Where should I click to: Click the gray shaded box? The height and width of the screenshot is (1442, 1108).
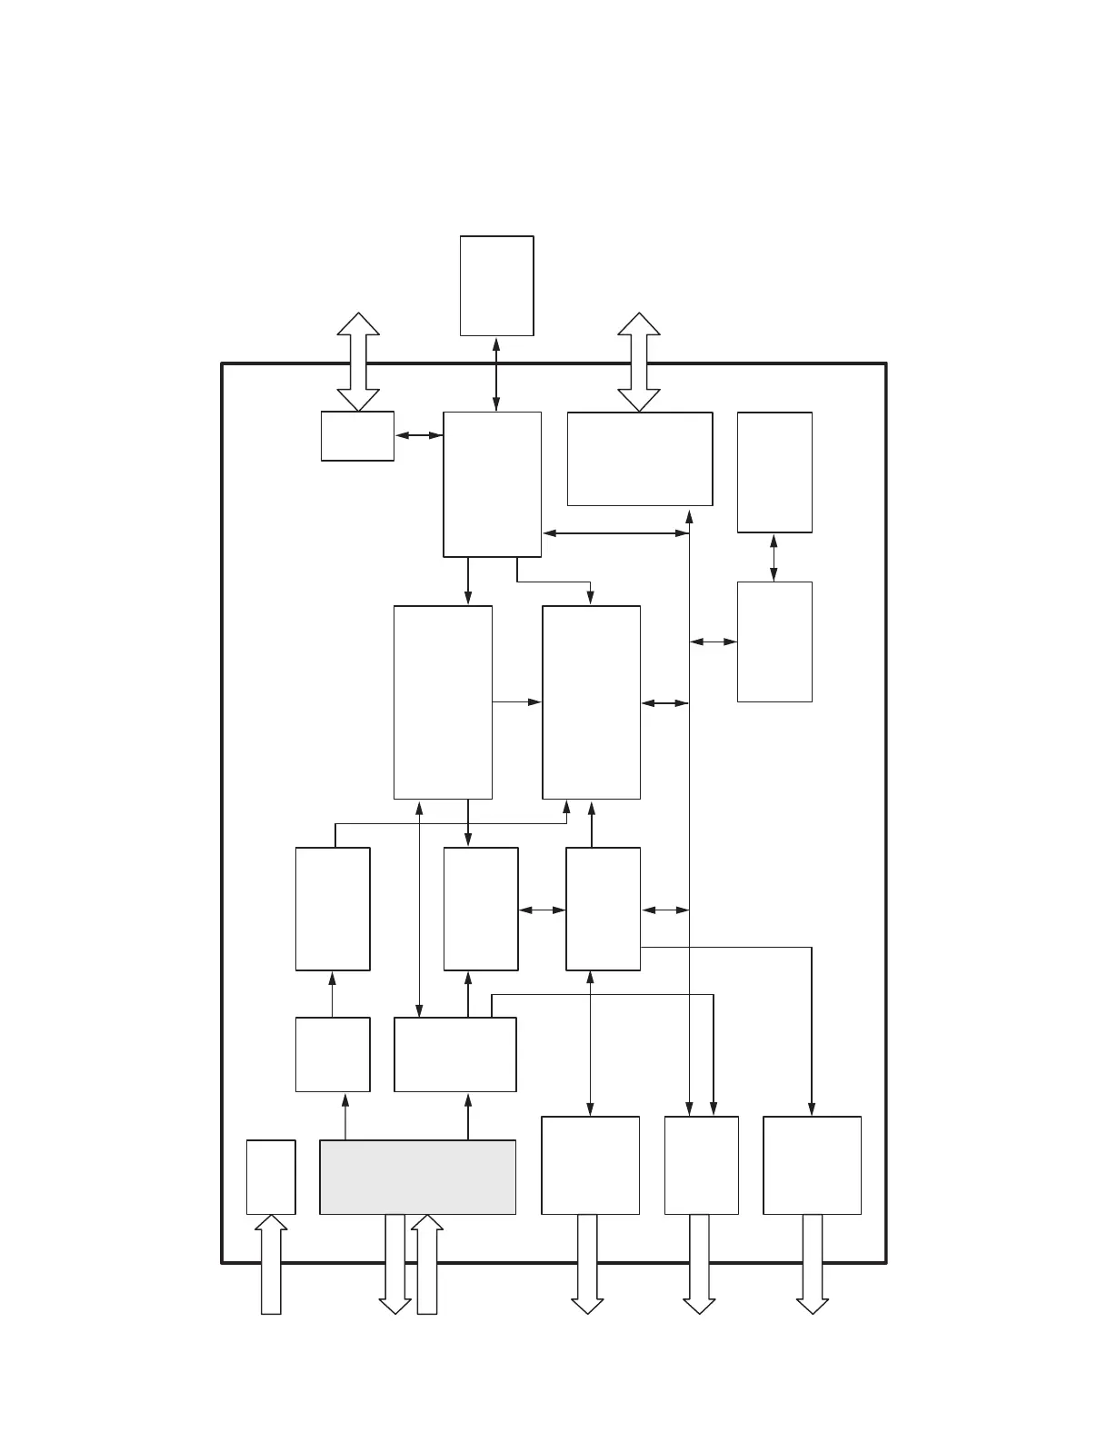pos(417,1177)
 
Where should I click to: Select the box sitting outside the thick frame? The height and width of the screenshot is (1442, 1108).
pos(496,285)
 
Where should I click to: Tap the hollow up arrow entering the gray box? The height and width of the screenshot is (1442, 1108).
pos(426,1265)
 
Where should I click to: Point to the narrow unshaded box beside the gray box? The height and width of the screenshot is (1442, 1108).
pos(271,1177)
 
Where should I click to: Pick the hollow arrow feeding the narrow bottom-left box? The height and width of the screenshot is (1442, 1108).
pos(271,1265)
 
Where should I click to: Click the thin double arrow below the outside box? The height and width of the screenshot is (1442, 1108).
pos(496,373)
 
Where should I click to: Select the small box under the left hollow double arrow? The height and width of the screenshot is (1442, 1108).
pos(357,436)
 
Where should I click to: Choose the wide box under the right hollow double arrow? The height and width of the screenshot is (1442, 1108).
pos(639,459)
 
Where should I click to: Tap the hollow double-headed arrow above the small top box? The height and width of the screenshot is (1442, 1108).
pos(358,362)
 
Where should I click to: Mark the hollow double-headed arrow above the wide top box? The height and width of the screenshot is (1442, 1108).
pos(639,362)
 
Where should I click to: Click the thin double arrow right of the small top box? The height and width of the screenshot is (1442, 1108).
pos(418,436)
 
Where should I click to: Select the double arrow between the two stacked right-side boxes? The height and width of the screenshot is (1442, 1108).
pos(774,557)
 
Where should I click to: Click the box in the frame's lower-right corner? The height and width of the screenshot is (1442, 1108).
pos(812,1165)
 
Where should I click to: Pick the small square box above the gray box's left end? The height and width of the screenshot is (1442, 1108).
pos(333,1054)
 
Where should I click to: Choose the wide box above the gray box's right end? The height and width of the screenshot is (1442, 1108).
pos(454,1054)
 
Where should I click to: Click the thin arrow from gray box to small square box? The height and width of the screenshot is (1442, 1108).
pos(345,1116)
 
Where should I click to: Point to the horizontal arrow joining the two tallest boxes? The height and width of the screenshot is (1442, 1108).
pos(516,701)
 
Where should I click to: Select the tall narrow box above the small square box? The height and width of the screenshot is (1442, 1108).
pos(333,909)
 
